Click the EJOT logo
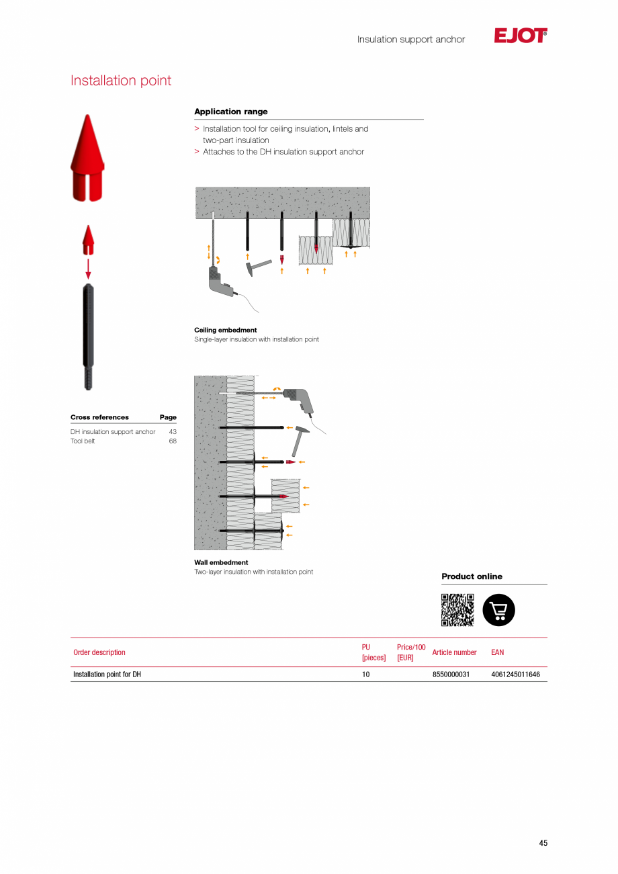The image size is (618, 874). [x=520, y=36]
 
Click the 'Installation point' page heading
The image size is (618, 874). [x=121, y=81]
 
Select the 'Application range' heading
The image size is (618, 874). [x=230, y=112]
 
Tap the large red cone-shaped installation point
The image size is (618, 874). [x=87, y=159]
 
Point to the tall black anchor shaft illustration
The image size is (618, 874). [x=88, y=336]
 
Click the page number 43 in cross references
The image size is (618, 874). [x=173, y=432]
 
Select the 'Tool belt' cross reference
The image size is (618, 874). [x=83, y=441]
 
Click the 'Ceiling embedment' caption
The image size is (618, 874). [x=225, y=330]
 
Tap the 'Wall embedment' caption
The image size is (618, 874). [x=221, y=562]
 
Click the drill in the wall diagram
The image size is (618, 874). [x=299, y=400]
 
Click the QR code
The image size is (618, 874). [x=457, y=610]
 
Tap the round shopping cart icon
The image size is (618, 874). [x=498, y=610]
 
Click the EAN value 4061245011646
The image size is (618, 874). [x=515, y=674]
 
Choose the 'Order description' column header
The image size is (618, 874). [x=99, y=652]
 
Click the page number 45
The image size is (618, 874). [x=543, y=843]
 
